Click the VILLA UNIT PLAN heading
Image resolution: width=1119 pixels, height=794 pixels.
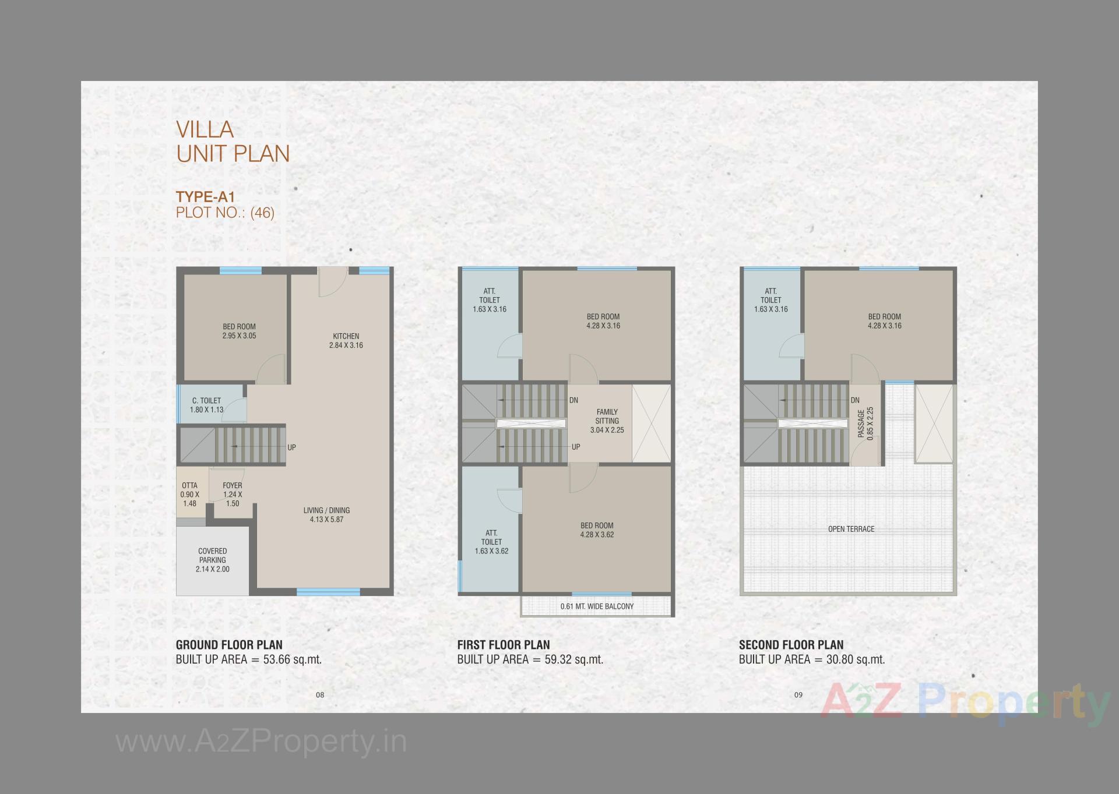point(233,142)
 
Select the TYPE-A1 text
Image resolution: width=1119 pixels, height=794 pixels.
point(205,197)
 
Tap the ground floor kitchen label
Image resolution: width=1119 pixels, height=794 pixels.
point(346,340)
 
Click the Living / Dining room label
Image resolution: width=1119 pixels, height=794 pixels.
point(326,514)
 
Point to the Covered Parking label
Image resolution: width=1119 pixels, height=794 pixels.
point(212,559)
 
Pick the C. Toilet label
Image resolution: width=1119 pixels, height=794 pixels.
point(207,405)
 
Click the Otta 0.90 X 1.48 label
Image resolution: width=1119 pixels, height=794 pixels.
point(189,494)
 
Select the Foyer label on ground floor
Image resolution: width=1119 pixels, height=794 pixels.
point(232,494)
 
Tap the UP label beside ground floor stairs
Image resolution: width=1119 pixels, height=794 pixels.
point(291,447)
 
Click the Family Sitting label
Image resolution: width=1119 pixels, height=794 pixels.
point(607,421)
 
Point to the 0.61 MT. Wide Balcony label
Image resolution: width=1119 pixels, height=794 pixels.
point(597,606)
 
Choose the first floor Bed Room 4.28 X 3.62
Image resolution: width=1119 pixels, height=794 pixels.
point(597,530)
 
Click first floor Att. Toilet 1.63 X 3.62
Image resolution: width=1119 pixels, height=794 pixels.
point(491,541)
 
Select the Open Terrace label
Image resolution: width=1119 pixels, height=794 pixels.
point(851,529)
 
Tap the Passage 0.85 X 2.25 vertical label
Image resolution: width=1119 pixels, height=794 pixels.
point(865,423)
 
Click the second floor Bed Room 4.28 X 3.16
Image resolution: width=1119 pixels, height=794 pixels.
point(884,321)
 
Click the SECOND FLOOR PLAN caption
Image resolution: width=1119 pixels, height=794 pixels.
point(791,645)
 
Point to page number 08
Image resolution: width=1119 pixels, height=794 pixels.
point(319,694)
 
